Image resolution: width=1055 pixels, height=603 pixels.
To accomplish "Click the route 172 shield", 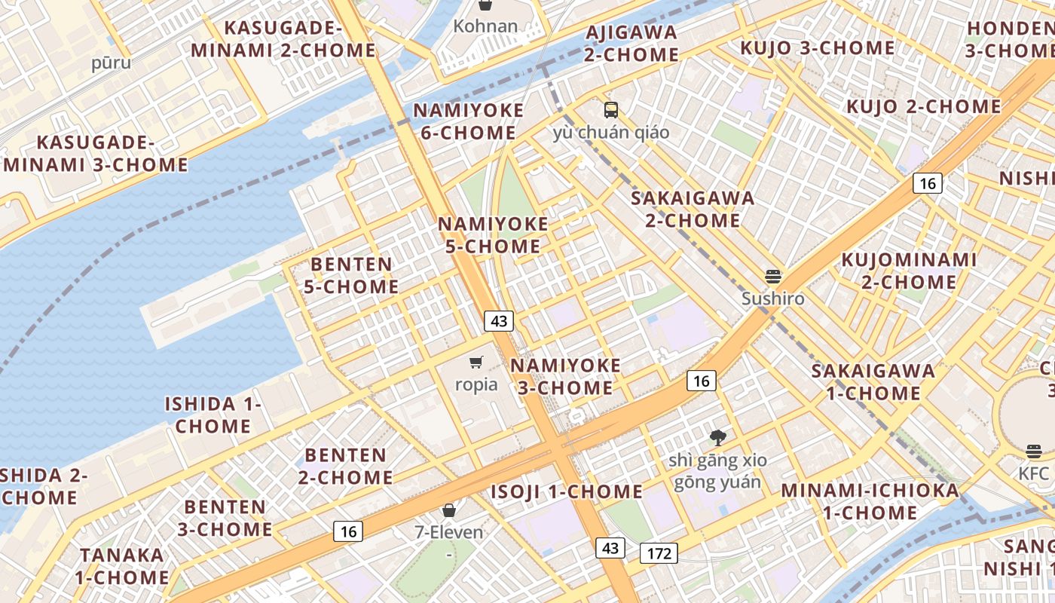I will tap(659, 553).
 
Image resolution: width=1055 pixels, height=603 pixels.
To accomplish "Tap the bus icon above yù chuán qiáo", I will tap(611, 110).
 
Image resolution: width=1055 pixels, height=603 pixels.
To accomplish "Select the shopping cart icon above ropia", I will tap(476, 363).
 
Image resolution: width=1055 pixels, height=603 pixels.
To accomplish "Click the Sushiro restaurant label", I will tap(772, 298).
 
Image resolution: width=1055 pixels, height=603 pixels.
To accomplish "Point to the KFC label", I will tap(1033, 473).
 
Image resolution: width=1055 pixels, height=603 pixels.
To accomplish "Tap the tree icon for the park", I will tap(717, 437).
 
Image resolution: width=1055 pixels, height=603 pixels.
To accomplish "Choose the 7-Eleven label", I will tap(449, 532).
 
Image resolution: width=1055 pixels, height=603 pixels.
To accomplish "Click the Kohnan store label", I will tap(485, 26).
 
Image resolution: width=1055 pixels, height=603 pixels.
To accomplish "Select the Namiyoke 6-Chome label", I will tap(468, 121).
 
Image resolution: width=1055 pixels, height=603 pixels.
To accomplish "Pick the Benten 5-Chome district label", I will tap(353, 275).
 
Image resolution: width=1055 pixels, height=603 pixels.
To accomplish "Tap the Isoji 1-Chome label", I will tap(567, 491).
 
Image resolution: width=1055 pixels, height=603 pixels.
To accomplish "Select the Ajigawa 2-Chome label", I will tap(631, 43).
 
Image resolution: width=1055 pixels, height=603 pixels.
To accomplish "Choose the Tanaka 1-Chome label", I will tap(122, 566).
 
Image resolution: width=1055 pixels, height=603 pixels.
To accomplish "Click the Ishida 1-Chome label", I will tap(213, 415).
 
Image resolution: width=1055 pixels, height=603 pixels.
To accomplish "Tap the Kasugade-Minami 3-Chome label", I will tap(96, 153).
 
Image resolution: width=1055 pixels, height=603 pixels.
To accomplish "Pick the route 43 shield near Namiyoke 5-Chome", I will tap(498, 321).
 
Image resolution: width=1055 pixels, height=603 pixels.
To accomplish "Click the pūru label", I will tap(111, 63).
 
